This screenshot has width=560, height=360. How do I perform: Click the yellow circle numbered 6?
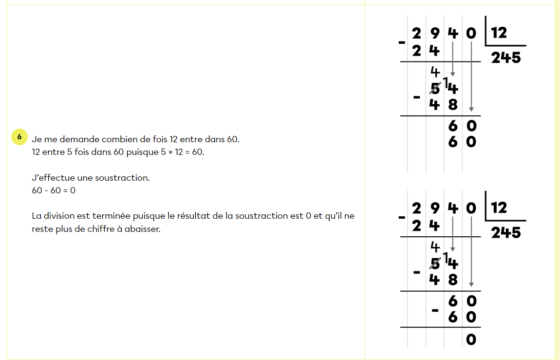pos(19,137)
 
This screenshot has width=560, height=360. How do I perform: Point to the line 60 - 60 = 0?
pos(54,190)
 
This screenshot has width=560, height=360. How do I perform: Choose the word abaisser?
pos(143,228)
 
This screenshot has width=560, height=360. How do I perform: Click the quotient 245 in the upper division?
pos(505,58)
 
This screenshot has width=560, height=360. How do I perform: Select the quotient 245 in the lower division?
pos(505,233)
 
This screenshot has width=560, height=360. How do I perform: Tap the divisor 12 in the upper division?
pos(499,33)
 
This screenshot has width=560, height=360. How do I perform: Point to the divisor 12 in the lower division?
pos(499,208)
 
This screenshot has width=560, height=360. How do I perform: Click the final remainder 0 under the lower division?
pos(470,339)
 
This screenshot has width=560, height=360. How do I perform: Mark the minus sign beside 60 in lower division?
pos(435,310)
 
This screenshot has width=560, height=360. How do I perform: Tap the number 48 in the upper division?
pos(444,104)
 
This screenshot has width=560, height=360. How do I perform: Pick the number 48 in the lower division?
pos(444,280)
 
